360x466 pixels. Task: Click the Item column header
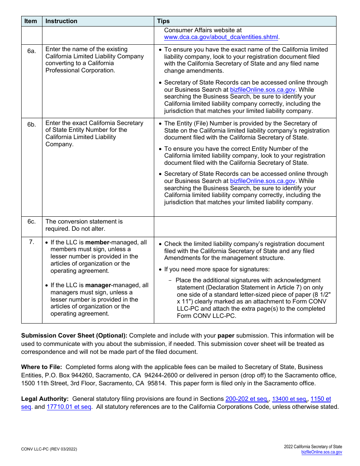tap(31, 21)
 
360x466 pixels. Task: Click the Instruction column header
tap(61, 21)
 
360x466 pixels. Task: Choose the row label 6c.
tap(31, 222)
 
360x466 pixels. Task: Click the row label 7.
tap(31, 242)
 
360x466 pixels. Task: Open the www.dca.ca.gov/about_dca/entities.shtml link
tap(221, 37)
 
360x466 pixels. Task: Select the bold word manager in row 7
tap(98, 285)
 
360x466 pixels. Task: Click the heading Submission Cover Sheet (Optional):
tap(74, 336)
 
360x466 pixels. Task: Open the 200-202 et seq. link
tap(247, 399)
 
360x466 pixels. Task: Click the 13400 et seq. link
tap(289, 399)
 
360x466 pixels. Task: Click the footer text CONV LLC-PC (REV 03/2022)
tap(49, 449)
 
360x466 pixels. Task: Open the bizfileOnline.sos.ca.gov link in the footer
tap(321, 452)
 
